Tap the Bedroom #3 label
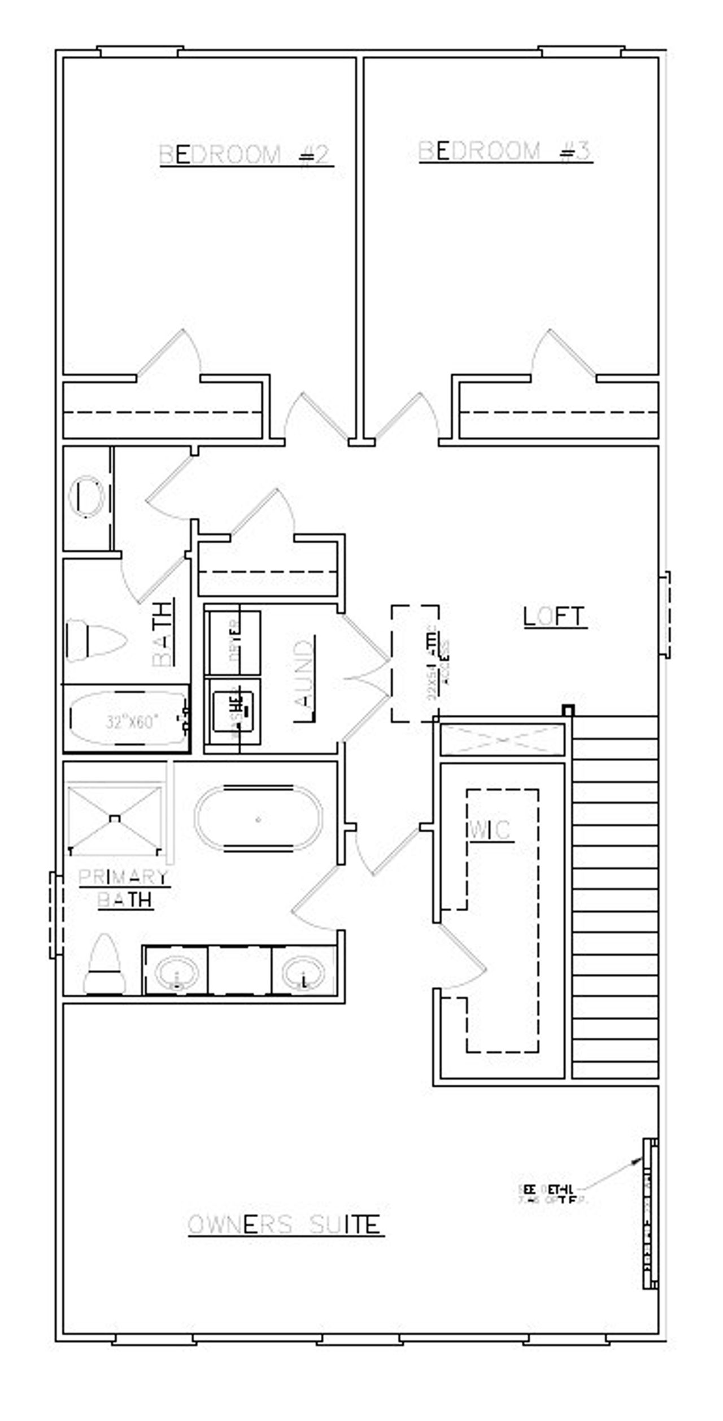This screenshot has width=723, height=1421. pyautogui.click(x=504, y=151)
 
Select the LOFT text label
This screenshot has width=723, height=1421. pyautogui.click(x=554, y=617)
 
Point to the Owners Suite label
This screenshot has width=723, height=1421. pyautogui.click(x=285, y=1225)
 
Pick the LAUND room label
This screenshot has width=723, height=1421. pyautogui.click(x=304, y=680)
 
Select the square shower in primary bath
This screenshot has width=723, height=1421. pyautogui.click(x=115, y=819)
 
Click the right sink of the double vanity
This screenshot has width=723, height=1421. pyautogui.click(x=303, y=975)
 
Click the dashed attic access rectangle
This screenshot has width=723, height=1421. pyautogui.click(x=415, y=663)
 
